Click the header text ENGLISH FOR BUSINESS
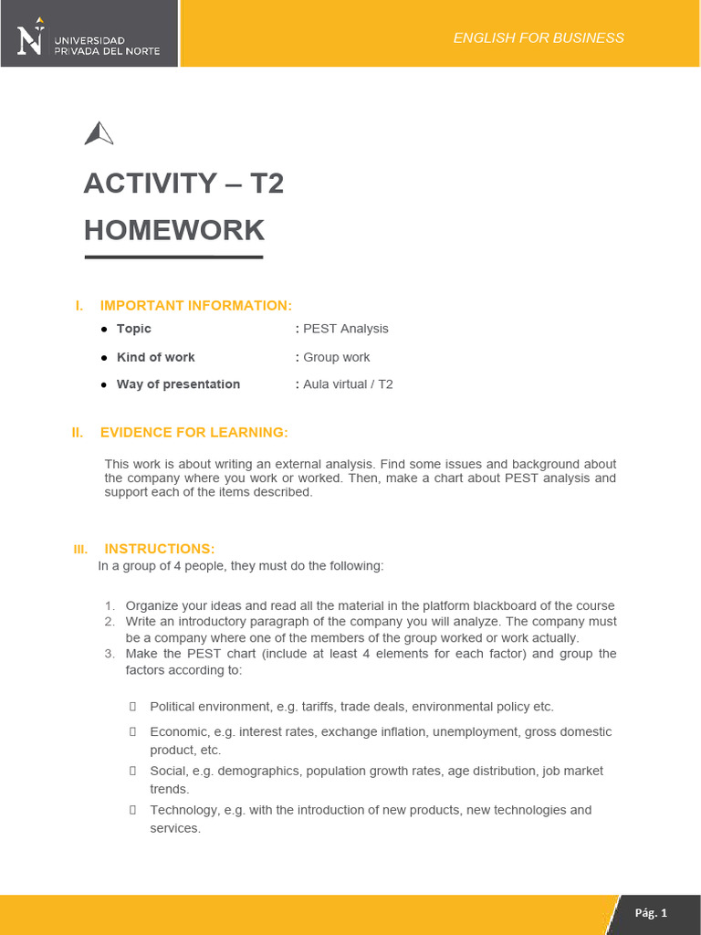coord(539,37)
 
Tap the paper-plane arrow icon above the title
coord(99,134)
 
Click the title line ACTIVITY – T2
coord(183,184)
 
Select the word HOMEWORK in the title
coord(173,230)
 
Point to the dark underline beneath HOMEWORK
coord(173,257)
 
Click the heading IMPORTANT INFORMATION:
coord(196,305)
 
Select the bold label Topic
coord(134,329)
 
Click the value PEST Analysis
coord(346,329)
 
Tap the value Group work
coord(337,357)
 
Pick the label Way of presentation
coord(178,384)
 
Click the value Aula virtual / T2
coord(348,384)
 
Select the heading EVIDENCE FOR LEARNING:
coord(194,432)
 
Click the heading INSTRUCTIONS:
coord(160,549)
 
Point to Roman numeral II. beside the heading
coord(78,433)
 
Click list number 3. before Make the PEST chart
coord(109,654)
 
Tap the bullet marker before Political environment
coord(132,707)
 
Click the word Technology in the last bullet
coord(181,810)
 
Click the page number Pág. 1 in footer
coord(652,913)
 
